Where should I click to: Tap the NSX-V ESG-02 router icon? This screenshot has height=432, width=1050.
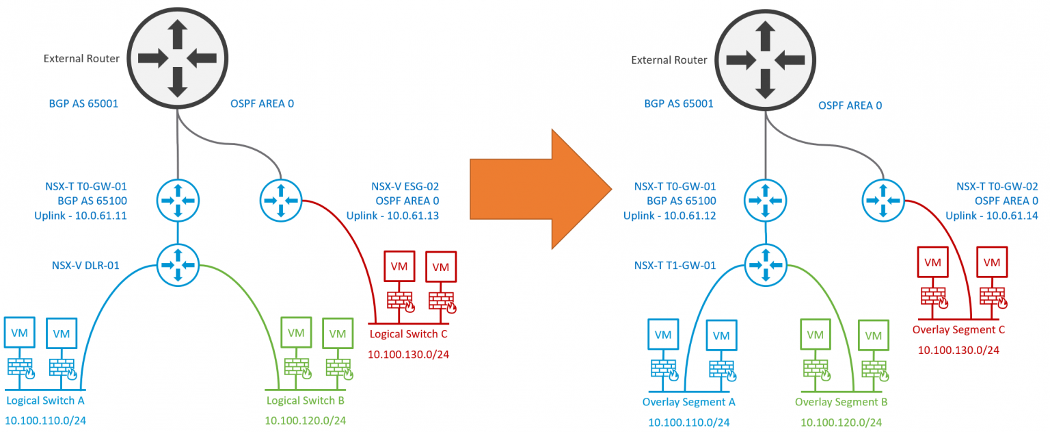280,200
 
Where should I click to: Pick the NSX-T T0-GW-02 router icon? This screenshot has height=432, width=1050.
883,200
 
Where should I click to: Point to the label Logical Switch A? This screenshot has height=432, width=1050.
44,400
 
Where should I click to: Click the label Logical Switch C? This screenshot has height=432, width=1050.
407,334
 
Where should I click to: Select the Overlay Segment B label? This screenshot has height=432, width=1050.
841,402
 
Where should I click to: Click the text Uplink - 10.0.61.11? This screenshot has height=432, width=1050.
81,216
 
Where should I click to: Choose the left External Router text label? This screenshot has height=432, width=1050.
81,59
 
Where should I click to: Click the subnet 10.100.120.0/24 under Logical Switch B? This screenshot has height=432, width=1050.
306,420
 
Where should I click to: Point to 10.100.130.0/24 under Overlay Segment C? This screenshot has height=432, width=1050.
958,350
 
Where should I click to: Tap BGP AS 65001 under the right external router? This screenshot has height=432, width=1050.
679,104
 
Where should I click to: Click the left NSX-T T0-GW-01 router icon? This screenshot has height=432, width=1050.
178,200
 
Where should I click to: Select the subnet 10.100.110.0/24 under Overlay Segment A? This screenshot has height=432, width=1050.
688,422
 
